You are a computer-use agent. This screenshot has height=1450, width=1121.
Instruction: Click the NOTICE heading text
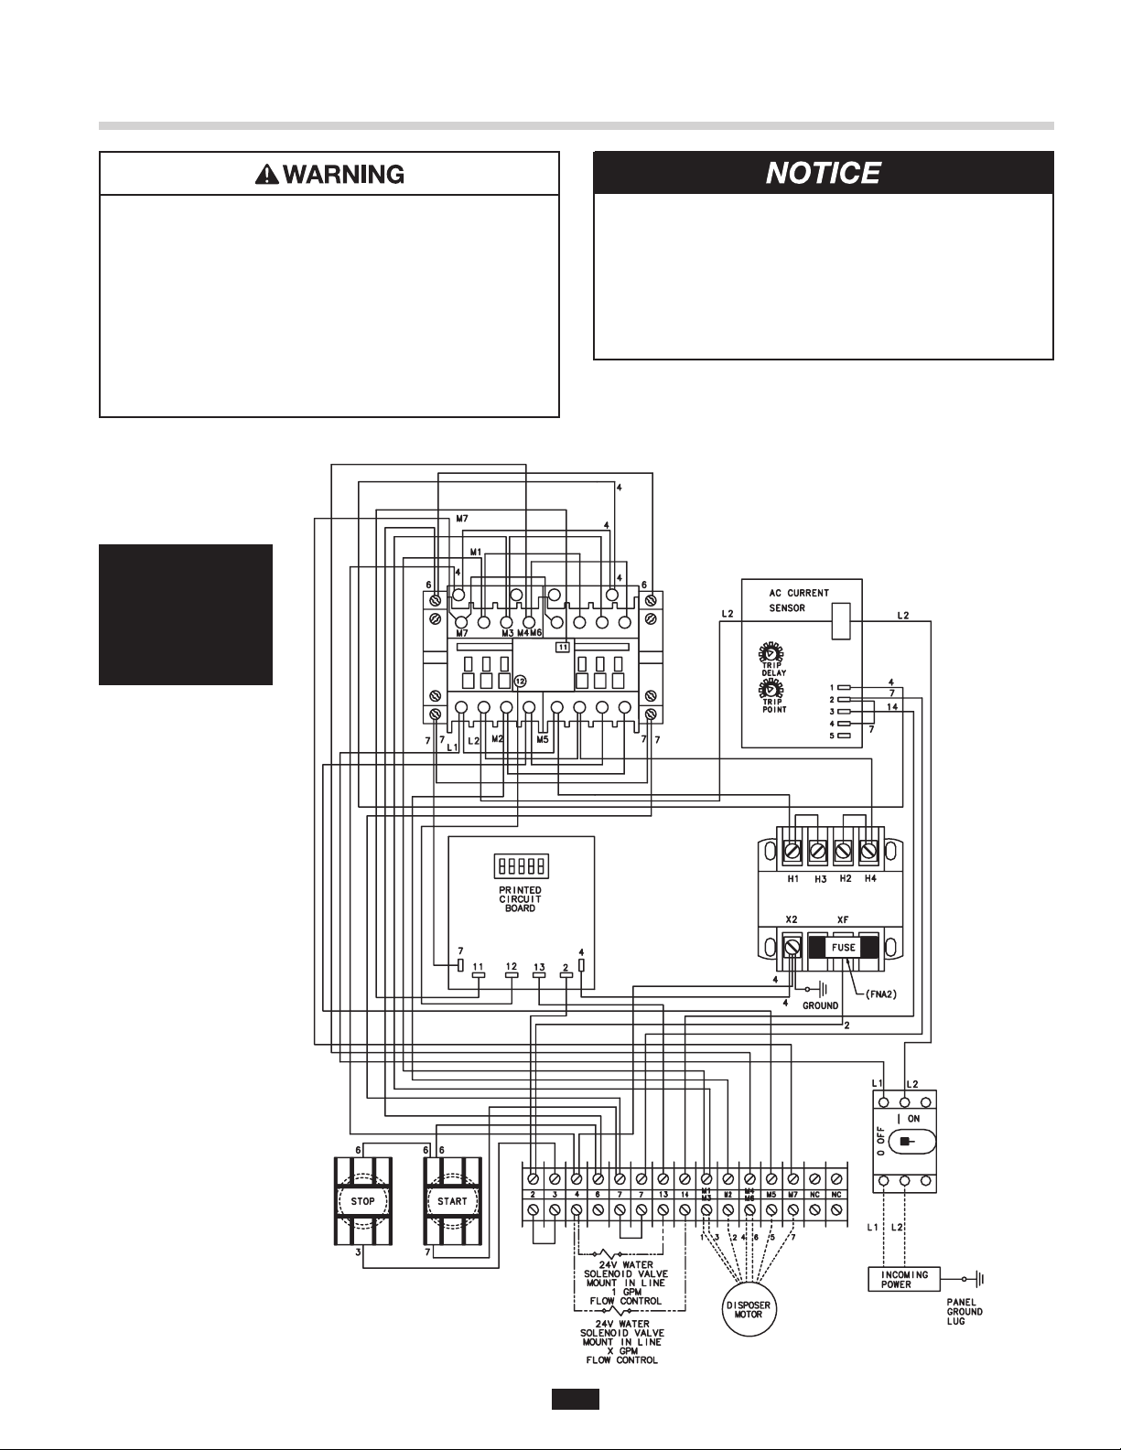[823, 173]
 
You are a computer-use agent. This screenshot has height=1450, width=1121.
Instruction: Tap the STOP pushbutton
[363, 1201]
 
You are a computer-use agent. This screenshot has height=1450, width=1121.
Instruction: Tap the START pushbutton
[452, 1201]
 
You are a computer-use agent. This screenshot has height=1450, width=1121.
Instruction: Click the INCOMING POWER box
[904, 1278]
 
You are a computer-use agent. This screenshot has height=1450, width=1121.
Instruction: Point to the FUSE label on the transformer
[843, 948]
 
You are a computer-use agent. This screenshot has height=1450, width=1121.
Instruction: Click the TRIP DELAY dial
[770, 654]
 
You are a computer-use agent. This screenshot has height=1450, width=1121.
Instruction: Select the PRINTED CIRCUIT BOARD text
[520, 898]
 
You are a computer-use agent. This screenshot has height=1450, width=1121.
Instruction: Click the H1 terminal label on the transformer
[792, 878]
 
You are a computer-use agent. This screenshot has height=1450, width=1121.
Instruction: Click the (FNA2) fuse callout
[887, 994]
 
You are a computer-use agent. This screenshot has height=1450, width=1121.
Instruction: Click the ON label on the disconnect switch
[913, 1119]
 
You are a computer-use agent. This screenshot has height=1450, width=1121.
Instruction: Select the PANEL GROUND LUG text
[965, 1311]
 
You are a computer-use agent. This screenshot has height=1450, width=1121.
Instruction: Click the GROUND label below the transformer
[820, 1005]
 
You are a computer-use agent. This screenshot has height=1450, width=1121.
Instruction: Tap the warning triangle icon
[267, 174]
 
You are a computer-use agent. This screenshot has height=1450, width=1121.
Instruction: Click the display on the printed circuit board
[520, 865]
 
